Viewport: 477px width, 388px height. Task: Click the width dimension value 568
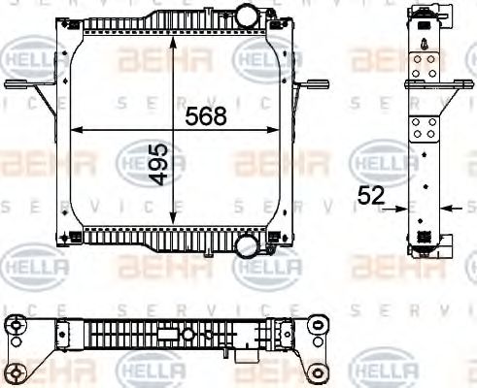205,116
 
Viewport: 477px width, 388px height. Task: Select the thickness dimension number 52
370,196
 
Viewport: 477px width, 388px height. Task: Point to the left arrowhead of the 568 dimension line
76,128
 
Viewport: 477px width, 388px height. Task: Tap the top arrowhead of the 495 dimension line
173,45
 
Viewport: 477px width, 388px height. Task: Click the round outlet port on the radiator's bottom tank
247,247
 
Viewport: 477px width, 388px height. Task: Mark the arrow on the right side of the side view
449,207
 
